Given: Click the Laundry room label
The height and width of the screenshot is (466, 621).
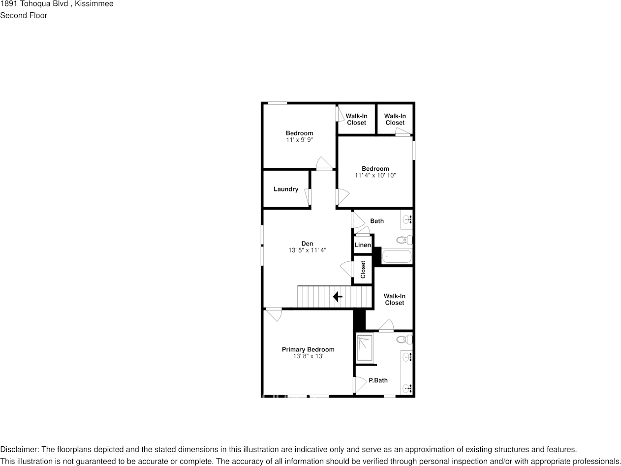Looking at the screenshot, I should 286,189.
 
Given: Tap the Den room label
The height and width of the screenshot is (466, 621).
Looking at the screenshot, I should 307,244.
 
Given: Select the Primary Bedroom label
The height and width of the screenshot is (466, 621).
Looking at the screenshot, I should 308,349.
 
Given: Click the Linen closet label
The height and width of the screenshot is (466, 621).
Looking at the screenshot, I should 363,245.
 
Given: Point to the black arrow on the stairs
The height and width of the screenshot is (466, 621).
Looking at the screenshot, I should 338,297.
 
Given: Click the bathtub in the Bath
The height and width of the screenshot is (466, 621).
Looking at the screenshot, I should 397,256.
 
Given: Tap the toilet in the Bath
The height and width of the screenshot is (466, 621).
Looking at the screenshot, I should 404,240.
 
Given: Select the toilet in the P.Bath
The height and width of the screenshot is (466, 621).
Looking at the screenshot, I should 404,339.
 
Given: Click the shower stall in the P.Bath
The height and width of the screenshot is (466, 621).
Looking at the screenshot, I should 365,348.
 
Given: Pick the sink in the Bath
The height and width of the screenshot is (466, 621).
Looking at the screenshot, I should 407,219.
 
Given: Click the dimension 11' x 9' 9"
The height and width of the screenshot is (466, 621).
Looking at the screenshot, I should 299,140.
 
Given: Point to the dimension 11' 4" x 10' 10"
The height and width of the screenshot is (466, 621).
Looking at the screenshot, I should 375,175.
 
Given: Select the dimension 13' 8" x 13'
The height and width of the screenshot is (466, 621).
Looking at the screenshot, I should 308,356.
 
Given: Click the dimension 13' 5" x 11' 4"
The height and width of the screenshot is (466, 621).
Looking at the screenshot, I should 307,250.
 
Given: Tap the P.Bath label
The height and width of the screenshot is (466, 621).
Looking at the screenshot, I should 378,380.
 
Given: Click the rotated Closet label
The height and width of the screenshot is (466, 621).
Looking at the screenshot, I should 363,269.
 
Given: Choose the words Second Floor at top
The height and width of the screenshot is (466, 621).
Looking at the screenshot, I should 24,15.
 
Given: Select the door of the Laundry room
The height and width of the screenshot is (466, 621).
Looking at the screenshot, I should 309,197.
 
